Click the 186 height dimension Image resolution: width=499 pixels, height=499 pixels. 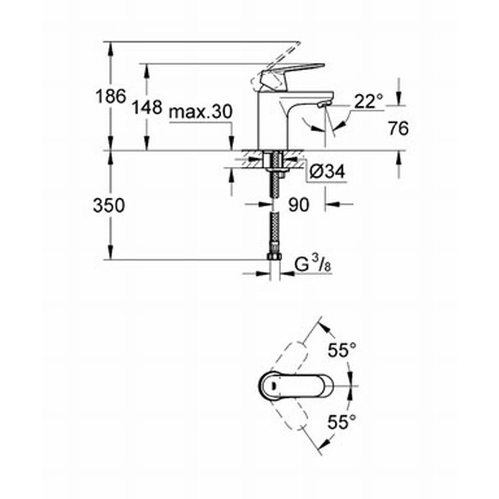(111, 97)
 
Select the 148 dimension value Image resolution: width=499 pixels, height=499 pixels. (147, 107)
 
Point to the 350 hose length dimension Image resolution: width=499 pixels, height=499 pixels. (109, 206)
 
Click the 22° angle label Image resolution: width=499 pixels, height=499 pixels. (369, 102)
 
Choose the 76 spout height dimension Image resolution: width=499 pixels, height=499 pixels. (399, 129)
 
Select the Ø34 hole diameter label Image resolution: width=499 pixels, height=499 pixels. (327, 172)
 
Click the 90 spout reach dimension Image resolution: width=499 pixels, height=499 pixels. (299, 205)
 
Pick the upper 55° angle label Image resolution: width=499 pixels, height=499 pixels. (342, 351)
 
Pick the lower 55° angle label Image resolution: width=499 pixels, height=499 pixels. (342, 422)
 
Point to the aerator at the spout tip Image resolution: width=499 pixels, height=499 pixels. (324, 104)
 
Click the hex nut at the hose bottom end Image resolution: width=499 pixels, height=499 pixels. (274, 257)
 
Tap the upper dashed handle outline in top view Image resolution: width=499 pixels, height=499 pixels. (293, 357)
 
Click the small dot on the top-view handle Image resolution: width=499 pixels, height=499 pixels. (272, 385)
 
